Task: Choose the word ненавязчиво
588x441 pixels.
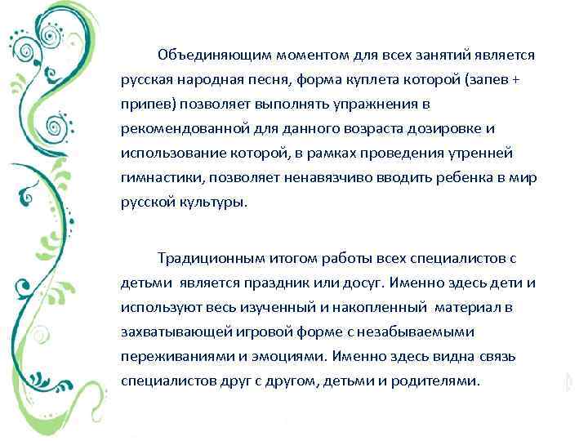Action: point(326,177)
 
